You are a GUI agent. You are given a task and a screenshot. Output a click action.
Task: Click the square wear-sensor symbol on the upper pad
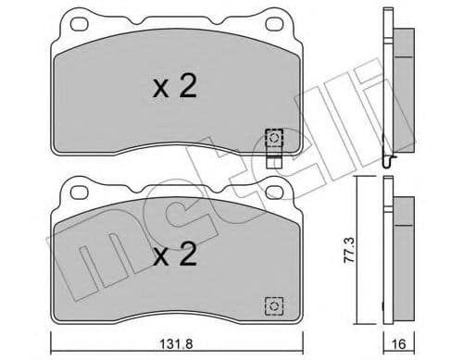click(x=273, y=137)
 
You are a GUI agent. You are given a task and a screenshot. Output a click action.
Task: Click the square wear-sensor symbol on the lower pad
click(x=273, y=304)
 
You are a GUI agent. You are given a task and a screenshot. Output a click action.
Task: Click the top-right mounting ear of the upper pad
click(x=276, y=27)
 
